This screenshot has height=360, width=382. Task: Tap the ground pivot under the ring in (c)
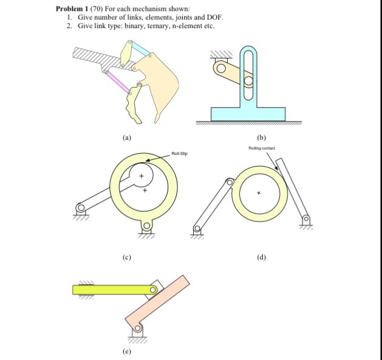146,227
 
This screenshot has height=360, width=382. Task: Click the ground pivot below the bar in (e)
138,330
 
